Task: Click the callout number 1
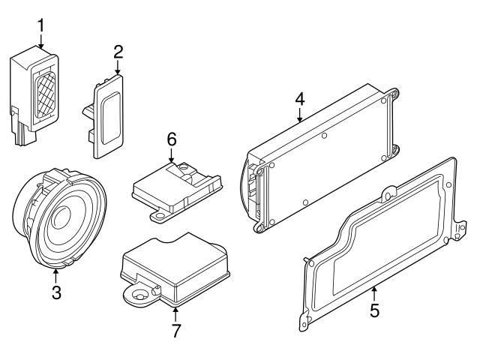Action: [40, 25]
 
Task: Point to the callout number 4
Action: [299, 98]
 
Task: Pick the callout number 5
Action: [375, 310]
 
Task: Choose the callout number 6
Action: [171, 139]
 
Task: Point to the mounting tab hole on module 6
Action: [159, 217]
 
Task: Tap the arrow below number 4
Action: [299, 115]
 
